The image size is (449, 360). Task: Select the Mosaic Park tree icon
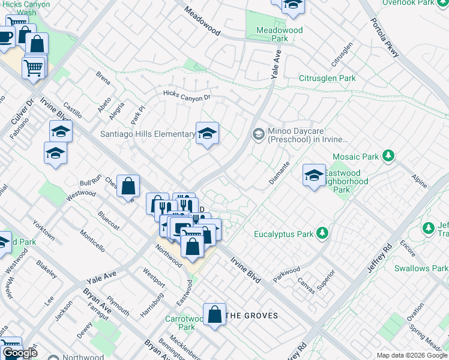[388, 157]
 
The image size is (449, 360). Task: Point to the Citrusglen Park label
[327, 78]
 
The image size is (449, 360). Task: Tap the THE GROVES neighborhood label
[253, 316]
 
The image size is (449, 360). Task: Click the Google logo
[20, 353]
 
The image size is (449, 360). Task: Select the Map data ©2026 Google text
[412, 355]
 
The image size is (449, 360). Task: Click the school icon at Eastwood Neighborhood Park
[313, 175]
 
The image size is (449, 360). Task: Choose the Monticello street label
[92, 241]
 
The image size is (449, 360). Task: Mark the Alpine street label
[419, 179]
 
